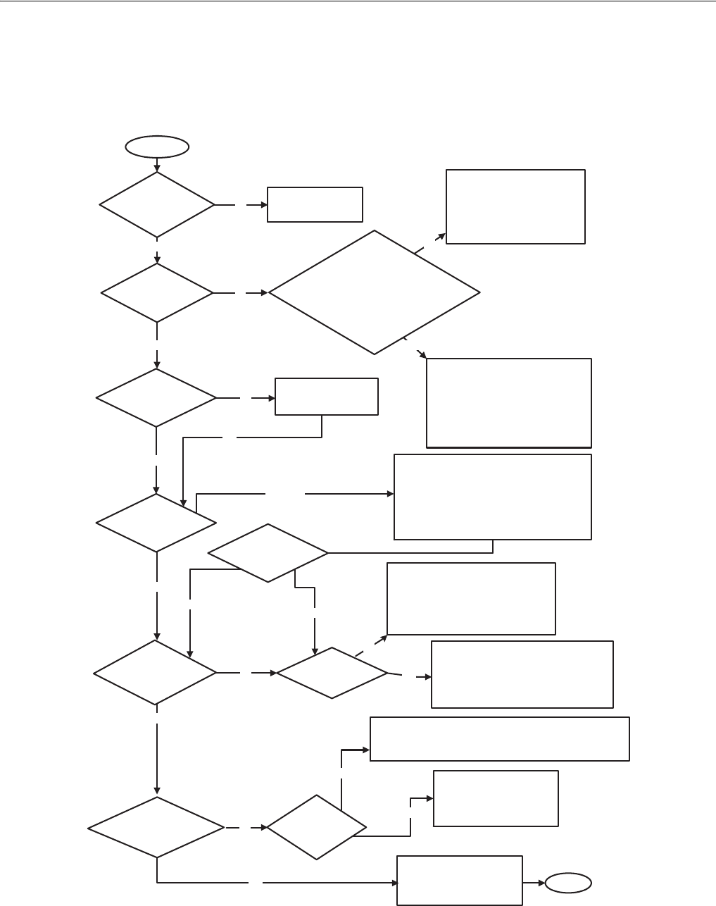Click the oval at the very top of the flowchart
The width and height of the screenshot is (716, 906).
(157, 147)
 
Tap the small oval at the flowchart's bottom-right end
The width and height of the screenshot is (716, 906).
(569, 882)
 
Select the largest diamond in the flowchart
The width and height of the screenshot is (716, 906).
(375, 292)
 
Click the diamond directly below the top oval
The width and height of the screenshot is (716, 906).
(157, 205)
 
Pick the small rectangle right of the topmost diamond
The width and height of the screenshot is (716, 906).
(315, 204)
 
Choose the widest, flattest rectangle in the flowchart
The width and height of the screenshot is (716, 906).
(499, 739)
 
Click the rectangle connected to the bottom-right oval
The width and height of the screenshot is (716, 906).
(460, 880)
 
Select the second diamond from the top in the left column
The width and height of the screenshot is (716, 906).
(157, 292)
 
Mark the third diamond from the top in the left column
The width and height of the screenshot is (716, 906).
(156, 397)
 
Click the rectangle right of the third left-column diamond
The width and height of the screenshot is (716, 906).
(327, 397)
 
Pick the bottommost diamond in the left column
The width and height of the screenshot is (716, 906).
(156, 827)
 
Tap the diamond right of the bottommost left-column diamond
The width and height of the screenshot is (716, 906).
(317, 827)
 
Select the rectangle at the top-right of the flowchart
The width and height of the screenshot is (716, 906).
(515, 206)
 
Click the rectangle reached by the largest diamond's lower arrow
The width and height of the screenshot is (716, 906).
(508, 402)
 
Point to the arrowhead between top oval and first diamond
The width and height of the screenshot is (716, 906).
(157, 168)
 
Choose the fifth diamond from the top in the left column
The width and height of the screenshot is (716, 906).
(155, 672)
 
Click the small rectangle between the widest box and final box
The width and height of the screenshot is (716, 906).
(496, 798)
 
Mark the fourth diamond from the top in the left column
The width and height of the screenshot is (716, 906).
(156, 522)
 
